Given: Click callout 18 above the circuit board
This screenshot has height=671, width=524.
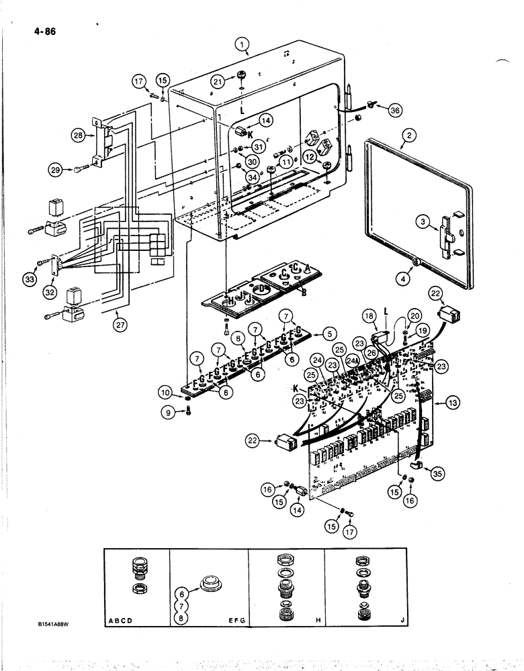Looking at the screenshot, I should [x=368, y=316].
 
